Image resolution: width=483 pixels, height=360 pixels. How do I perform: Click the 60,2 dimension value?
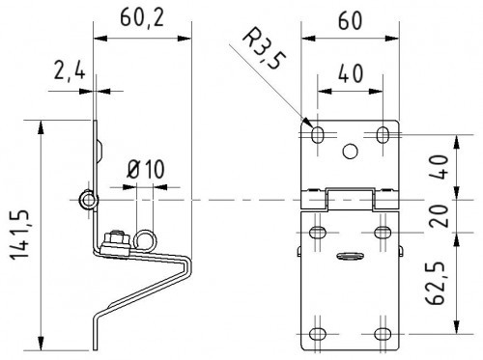[142, 18]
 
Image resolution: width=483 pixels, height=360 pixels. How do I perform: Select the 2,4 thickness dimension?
[70, 71]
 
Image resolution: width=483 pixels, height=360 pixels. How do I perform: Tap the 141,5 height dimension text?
[21, 235]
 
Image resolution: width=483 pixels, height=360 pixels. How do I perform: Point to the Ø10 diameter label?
[146, 169]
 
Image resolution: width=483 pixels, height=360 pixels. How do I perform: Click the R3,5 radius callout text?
[264, 49]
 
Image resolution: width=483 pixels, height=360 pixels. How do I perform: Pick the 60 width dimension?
[350, 21]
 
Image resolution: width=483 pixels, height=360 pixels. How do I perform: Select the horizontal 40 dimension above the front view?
[351, 73]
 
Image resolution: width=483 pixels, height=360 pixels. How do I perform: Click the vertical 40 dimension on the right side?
[438, 167]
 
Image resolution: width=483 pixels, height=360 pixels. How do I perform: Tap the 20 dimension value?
[438, 216]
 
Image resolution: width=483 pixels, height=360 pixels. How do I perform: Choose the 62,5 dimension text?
[436, 283]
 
